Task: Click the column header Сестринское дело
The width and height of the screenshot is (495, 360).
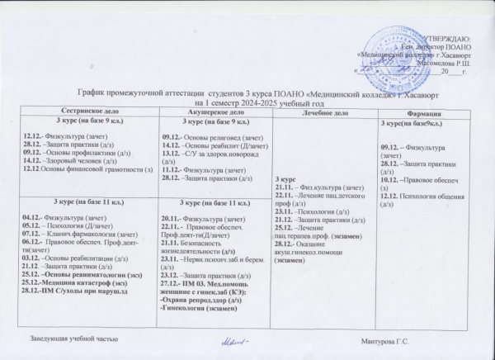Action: tap(94, 111)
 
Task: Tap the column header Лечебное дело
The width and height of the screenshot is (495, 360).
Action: tap(330, 112)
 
